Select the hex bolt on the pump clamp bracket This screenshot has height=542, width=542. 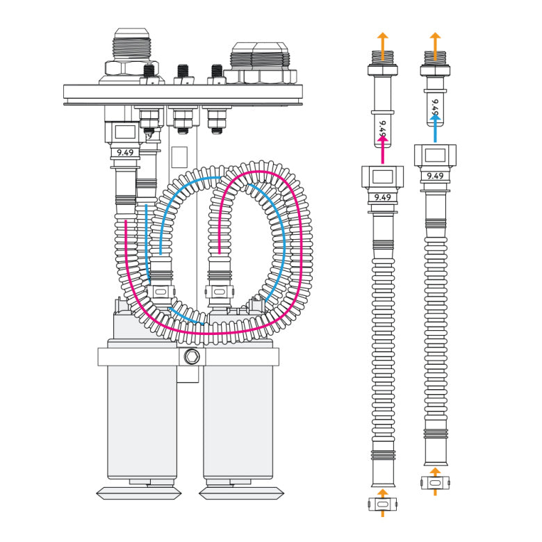click(x=192, y=357)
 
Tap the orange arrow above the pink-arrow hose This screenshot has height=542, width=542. click(x=381, y=41)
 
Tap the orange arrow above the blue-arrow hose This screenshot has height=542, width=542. click(x=435, y=41)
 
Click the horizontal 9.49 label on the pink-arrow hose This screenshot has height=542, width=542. click(x=381, y=197)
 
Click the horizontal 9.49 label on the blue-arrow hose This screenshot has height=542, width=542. click(x=435, y=176)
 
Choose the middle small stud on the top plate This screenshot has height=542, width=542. click(x=183, y=73)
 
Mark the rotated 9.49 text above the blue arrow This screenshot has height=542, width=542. click(x=435, y=108)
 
